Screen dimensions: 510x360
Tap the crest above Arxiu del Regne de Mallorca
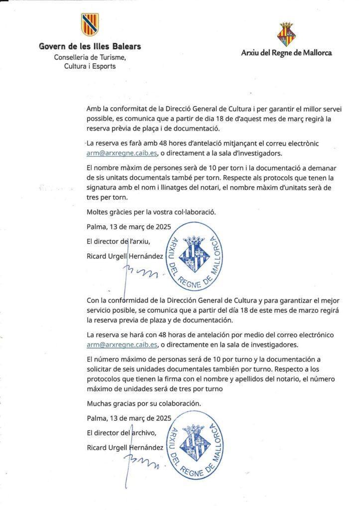pos(286,34)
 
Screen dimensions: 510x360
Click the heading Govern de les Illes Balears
pos(90,47)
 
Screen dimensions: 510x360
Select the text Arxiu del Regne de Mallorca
pos(286,52)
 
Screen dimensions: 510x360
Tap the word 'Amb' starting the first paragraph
pos(93,109)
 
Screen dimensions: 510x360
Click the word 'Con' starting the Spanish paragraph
pos(93,301)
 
